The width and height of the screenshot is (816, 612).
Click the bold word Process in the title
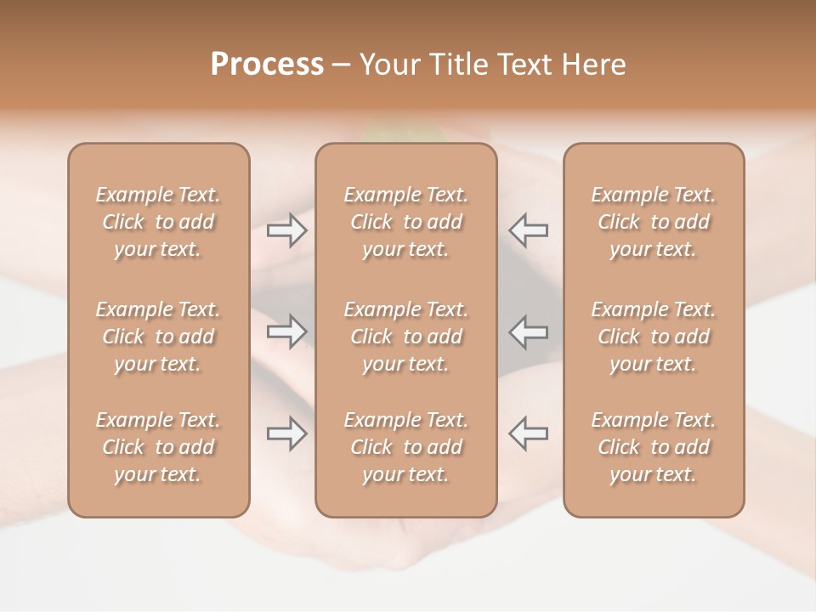point(267,65)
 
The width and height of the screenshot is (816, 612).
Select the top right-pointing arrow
point(287,230)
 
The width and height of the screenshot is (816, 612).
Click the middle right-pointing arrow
point(287,331)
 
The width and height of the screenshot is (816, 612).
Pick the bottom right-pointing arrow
point(287,433)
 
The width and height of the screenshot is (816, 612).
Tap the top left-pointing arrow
point(528,230)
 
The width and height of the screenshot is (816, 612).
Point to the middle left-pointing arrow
point(528,331)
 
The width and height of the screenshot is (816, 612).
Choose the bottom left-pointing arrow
point(528,433)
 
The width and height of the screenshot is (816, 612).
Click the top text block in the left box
point(158,222)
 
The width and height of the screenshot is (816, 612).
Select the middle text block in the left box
point(158,337)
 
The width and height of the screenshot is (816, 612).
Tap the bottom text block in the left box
point(158,447)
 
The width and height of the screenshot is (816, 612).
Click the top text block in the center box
point(406,222)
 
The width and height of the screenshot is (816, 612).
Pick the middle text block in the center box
point(406,337)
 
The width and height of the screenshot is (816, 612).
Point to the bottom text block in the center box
point(406,447)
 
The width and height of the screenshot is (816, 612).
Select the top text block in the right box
point(654,222)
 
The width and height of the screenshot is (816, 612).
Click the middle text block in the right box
point(654,337)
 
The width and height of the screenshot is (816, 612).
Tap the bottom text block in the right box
point(654,447)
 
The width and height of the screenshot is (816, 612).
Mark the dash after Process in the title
point(342,65)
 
